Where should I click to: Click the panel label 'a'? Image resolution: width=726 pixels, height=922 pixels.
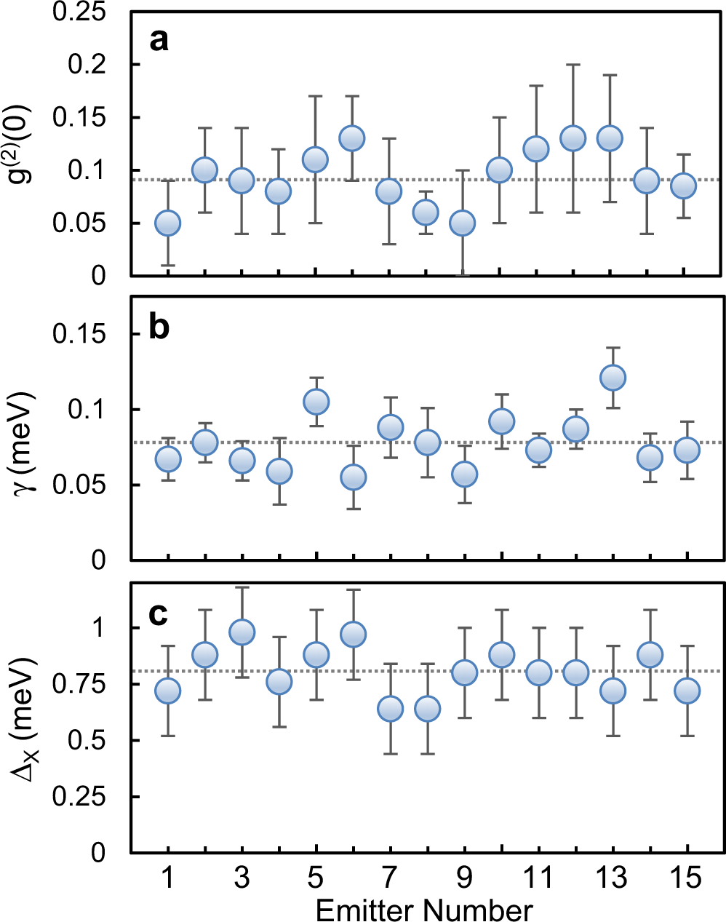pos(159,39)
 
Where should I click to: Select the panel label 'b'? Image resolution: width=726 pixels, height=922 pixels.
pos(159,327)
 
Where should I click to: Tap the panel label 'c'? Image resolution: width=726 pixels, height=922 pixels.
pos(159,615)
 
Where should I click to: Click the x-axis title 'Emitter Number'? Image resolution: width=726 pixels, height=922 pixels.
pos(424,910)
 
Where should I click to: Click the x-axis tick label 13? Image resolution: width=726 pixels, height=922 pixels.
pos(612,878)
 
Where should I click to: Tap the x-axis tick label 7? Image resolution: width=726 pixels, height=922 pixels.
pos(391,878)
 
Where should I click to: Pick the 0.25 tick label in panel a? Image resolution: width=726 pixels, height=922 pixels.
pos(79,12)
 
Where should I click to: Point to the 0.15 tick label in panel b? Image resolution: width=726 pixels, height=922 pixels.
pos(79,334)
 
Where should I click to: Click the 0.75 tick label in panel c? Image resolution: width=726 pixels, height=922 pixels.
pos(79,684)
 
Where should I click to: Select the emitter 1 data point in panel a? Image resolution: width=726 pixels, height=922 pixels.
pos(167,223)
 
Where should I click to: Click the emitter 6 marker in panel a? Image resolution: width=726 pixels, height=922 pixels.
pos(352,138)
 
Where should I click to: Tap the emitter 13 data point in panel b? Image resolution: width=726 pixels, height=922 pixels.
pos(613,378)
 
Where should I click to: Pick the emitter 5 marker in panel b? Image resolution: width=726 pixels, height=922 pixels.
pos(316,402)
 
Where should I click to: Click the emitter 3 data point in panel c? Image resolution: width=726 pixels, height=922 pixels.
pos(242,632)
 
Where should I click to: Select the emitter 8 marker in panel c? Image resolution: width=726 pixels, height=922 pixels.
pos(427,708)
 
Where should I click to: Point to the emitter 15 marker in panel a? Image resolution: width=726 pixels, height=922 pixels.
pos(683,186)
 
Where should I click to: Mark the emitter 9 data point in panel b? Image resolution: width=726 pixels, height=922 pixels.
pos(464,474)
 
